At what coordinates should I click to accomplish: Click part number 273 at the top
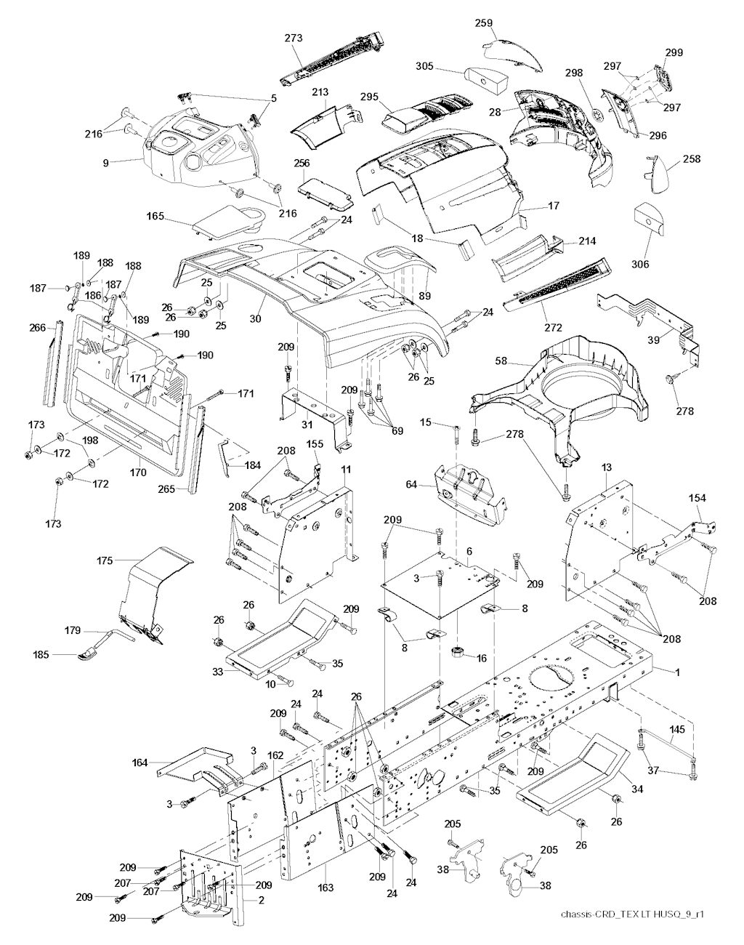294,38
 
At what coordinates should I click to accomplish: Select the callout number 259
484,23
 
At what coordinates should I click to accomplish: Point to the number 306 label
640,265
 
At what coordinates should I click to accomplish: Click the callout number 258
692,158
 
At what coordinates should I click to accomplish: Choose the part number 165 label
155,216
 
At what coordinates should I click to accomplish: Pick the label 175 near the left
105,561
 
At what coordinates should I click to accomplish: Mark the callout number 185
41,655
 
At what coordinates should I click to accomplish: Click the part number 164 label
139,763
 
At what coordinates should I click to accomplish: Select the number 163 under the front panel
325,888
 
